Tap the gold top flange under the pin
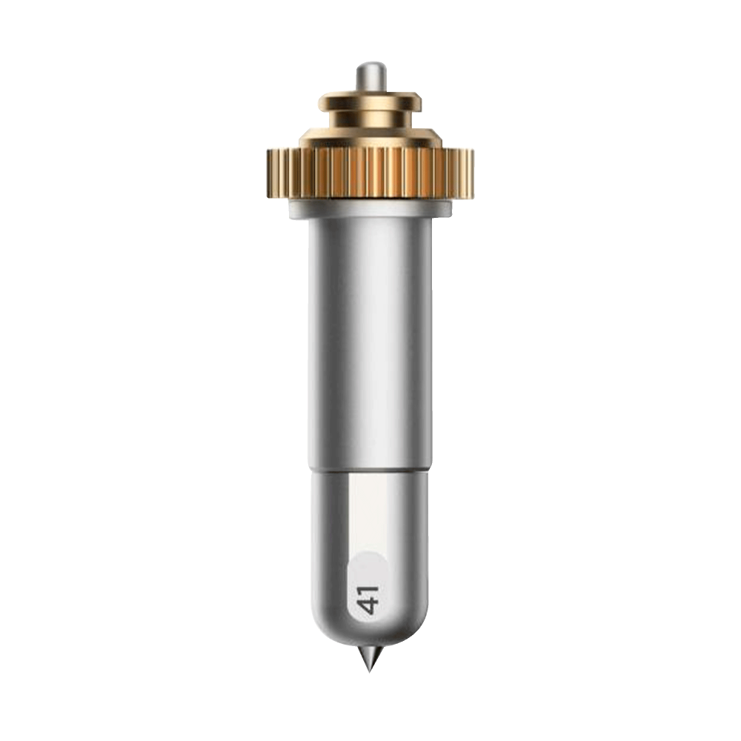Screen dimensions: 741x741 point(370,101)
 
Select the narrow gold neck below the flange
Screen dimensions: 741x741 point(370,118)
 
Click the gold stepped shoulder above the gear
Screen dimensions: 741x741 point(370,138)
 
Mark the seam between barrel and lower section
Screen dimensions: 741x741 point(370,471)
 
